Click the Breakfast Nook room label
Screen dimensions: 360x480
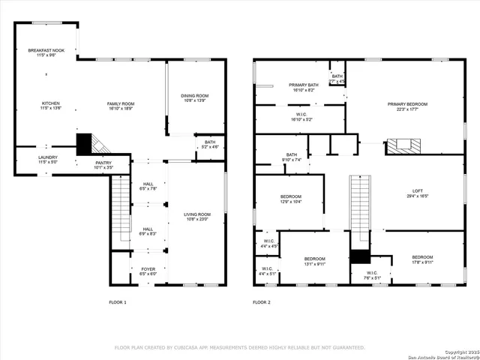click(x=46, y=53)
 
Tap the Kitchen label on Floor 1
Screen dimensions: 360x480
click(x=50, y=106)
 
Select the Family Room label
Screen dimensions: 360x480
click(x=120, y=106)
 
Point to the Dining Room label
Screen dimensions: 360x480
click(x=194, y=97)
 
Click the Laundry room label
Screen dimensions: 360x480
click(x=48, y=159)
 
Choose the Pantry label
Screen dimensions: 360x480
click(x=103, y=164)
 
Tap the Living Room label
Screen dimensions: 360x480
click(x=197, y=217)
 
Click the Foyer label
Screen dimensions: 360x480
click(x=148, y=271)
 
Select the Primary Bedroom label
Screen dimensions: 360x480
click(x=407, y=106)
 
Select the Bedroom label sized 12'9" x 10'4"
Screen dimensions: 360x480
click(x=291, y=199)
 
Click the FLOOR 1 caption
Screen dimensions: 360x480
click(x=118, y=302)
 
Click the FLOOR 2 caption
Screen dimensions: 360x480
click(x=261, y=302)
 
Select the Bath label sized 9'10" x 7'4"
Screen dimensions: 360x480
click(x=291, y=157)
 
